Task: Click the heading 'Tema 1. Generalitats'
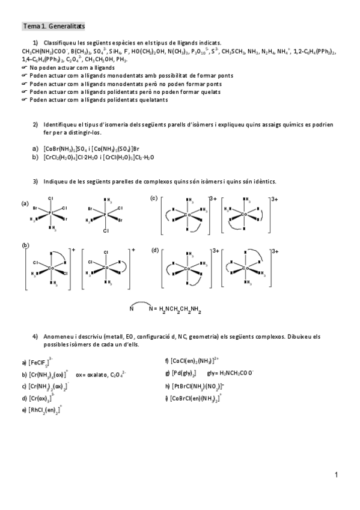[53, 26]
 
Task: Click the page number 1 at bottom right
[337, 475]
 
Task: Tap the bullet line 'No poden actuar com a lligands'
[72, 68]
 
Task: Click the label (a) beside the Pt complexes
[25, 203]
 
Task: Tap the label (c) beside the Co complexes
[154, 198]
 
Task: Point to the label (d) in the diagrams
[154, 250]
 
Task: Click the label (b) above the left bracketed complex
[25, 245]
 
